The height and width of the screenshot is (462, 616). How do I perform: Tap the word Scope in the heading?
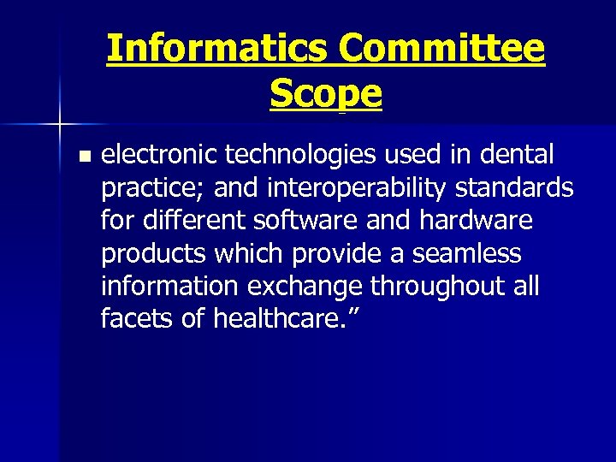pyautogui.click(x=326, y=93)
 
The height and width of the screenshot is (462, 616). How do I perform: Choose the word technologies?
pyautogui.click(x=305, y=156)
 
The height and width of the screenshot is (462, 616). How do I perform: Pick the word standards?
pyautogui.click(x=524, y=188)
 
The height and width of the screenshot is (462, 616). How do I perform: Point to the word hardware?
pyautogui.click(x=477, y=221)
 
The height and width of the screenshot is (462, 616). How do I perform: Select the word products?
pyautogui.click(x=151, y=253)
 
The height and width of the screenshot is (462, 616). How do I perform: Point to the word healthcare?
pyautogui.click(x=283, y=318)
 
